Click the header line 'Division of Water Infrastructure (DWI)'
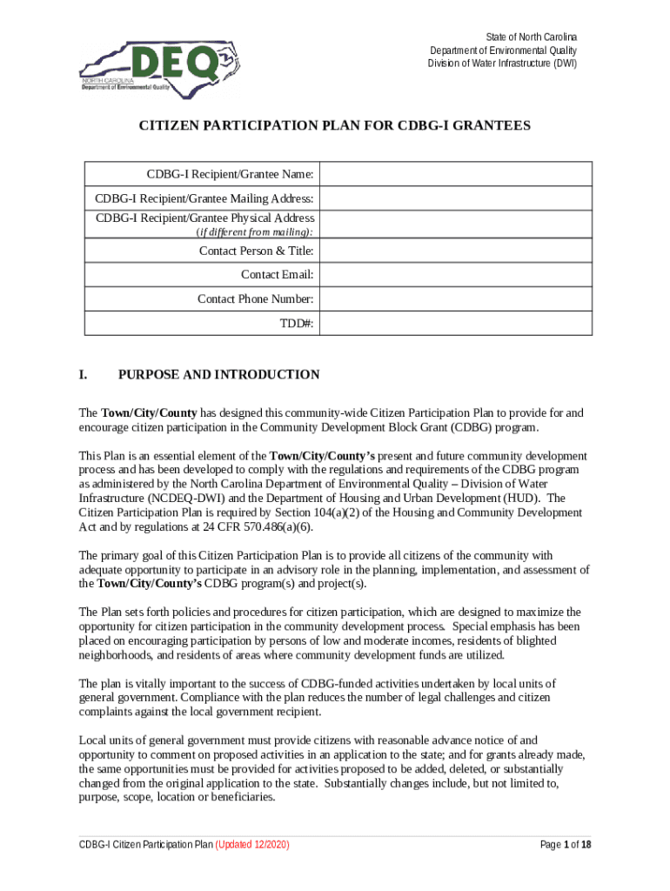(x=502, y=64)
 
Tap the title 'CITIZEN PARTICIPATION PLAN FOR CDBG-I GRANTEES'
(x=335, y=126)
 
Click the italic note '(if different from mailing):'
(x=255, y=232)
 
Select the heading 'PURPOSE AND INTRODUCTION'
(x=218, y=375)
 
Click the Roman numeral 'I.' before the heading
(x=84, y=375)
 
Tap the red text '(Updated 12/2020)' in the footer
(x=252, y=845)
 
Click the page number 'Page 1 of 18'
(x=566, y=845)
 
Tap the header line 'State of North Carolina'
(x=531, y=37)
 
